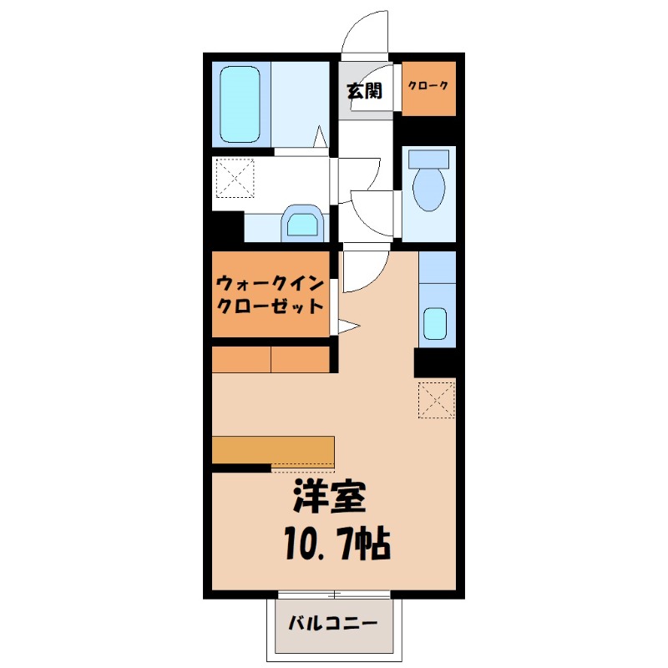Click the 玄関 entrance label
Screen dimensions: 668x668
365,90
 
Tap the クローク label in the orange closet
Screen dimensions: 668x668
428,86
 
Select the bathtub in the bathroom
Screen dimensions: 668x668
240,104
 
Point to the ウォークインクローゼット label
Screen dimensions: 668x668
269,294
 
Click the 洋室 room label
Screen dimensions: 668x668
328,498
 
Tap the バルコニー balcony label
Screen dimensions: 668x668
333,623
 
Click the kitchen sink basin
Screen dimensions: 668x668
435,323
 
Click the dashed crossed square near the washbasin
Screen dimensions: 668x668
235,178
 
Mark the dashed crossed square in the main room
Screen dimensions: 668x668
436,399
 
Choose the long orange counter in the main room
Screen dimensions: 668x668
273,449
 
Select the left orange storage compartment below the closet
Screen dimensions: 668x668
241,360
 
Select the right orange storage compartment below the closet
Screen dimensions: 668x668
301,360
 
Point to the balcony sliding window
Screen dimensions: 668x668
334,595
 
